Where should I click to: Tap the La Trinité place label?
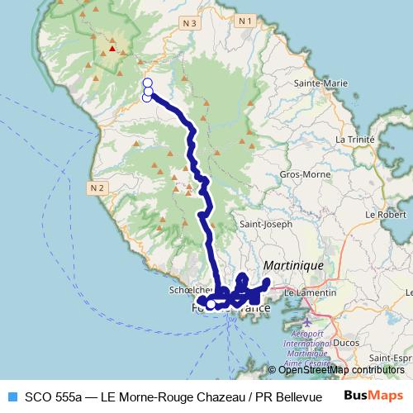point(355,140)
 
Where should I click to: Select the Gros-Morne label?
point(301,175)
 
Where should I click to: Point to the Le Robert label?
point(386,214)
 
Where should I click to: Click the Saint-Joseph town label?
point(265,224)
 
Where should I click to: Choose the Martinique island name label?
point(293,265)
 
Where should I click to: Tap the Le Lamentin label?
point(310,292)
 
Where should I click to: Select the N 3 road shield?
point(189,24)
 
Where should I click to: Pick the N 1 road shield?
point(244,20)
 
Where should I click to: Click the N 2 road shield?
point(97,188)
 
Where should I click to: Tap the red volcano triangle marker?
point(112,48)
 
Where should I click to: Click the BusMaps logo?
point(373,395)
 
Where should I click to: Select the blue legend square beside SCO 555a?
point(12,396)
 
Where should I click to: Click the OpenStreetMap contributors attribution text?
point(341,370)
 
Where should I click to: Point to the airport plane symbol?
point(308,320)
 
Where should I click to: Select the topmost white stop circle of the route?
point(148,83)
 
